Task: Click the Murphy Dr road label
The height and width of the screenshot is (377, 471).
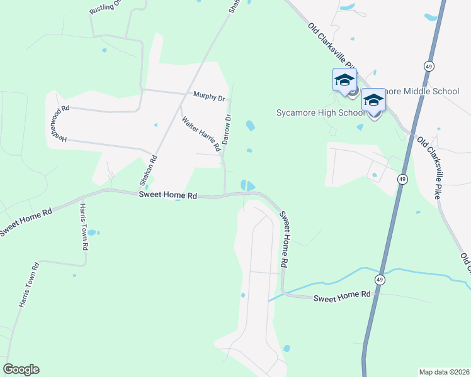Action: point(209,98)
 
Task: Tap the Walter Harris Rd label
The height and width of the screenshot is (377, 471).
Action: point(200,134)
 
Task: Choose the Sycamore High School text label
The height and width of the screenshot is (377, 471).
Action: point(321,113)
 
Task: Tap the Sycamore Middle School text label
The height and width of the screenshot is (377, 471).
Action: point(418,91)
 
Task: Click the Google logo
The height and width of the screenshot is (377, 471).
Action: point(21,369)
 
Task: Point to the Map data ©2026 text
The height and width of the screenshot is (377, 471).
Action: point(444,372)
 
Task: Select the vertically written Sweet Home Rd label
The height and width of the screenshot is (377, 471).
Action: point(285,238)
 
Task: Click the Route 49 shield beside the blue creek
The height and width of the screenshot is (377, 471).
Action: point(380,278)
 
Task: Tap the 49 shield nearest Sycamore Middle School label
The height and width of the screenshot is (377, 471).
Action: point(428,65)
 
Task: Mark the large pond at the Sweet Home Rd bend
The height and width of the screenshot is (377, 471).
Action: point(247,185)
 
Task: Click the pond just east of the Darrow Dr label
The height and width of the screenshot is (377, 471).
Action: point(250,125)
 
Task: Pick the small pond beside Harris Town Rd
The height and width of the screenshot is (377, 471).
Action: point(92,232)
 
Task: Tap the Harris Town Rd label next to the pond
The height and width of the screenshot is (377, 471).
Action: point(82,226)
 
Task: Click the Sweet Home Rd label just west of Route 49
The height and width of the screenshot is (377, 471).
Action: point(343,295)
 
